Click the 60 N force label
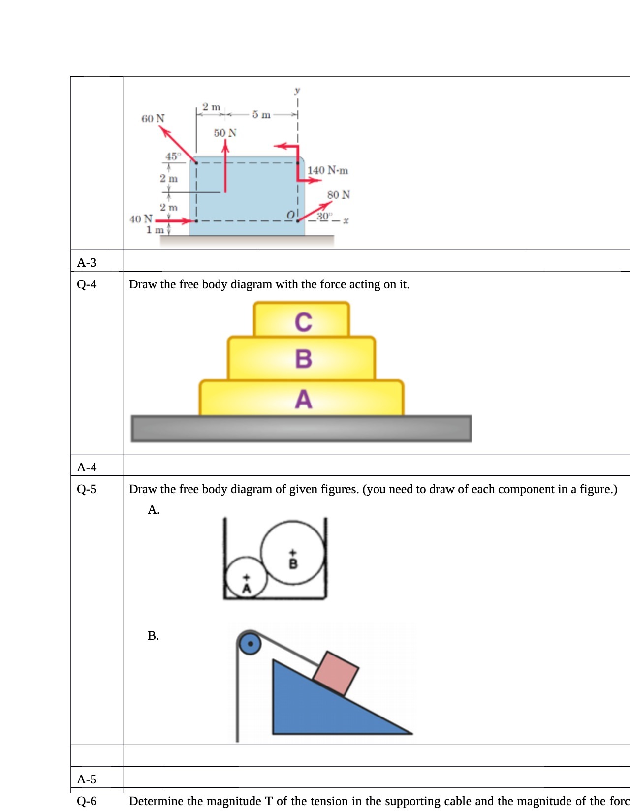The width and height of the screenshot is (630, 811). pyautogui.click(x=153, y=119)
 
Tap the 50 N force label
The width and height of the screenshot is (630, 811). pyautogui.click(x=225, y=133)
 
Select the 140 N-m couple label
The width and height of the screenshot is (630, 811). pyautogui.click(x=327, y=170)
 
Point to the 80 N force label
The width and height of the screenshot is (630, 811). pyautogui.click(x=339, y=195)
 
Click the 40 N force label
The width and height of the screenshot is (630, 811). pyautogui.click(x=141, y=219)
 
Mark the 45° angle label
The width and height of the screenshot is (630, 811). pyautogui.click(x=173, y=156)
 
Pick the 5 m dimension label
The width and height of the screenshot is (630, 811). pyautogui.click(x=261, y=115)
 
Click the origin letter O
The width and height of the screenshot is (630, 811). pyautogui.click(x=291, y=215)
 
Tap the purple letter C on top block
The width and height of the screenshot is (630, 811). pyautogui.click(x=303, y=322)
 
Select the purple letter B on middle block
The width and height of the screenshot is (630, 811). pyautogui.click(x=303, y=359)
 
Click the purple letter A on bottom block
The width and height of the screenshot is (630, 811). pyautogui.click(x=303, y=399)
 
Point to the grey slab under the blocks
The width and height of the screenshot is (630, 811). pyautogui.click(x=301, y=428)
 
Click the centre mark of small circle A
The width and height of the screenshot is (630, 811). pyautogui.click(x=247, y=577)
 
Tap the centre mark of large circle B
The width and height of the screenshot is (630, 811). pyautogui.click(x=293, y=553)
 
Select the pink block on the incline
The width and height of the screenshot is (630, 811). pyautogui.click(x=336, y=673)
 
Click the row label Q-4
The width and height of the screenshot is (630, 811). pyautogui.click(x=87, y=284)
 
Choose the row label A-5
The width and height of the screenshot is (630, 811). pyautogui.click(x=87, y=779)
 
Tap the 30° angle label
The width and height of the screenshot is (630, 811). pyautogui.click(x=324, y=216)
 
